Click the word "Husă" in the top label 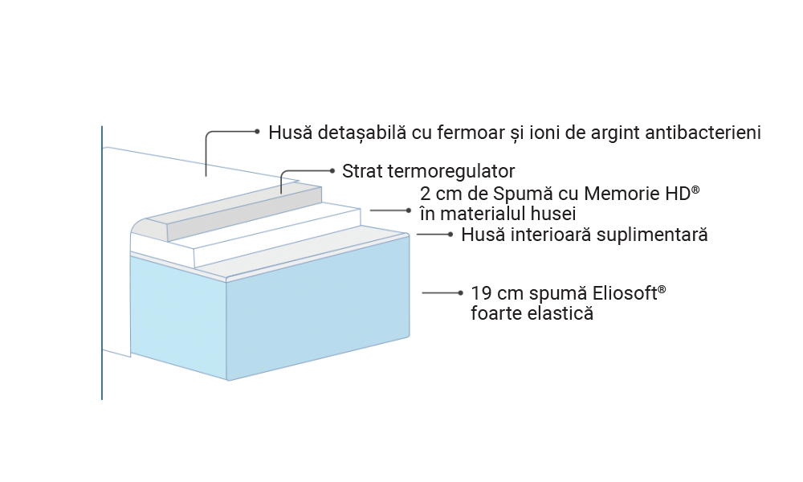coord(287,132)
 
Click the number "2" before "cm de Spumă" coord(425,195)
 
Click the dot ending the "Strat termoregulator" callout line coord(333,170)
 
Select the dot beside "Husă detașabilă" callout coord(257,131)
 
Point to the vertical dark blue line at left coord(103,265)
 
